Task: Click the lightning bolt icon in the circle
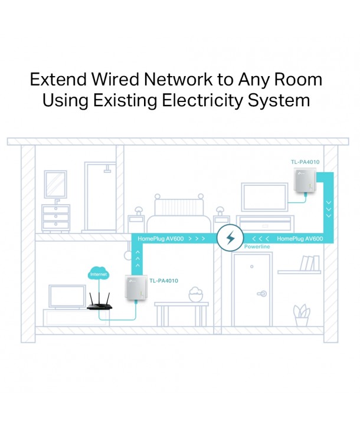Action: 230,239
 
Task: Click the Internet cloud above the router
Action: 98,274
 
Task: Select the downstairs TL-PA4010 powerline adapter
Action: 136,292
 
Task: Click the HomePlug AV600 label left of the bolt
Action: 161,238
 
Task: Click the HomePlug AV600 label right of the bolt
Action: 299,238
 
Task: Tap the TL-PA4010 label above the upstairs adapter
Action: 305,162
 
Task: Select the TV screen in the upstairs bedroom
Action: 263,196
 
